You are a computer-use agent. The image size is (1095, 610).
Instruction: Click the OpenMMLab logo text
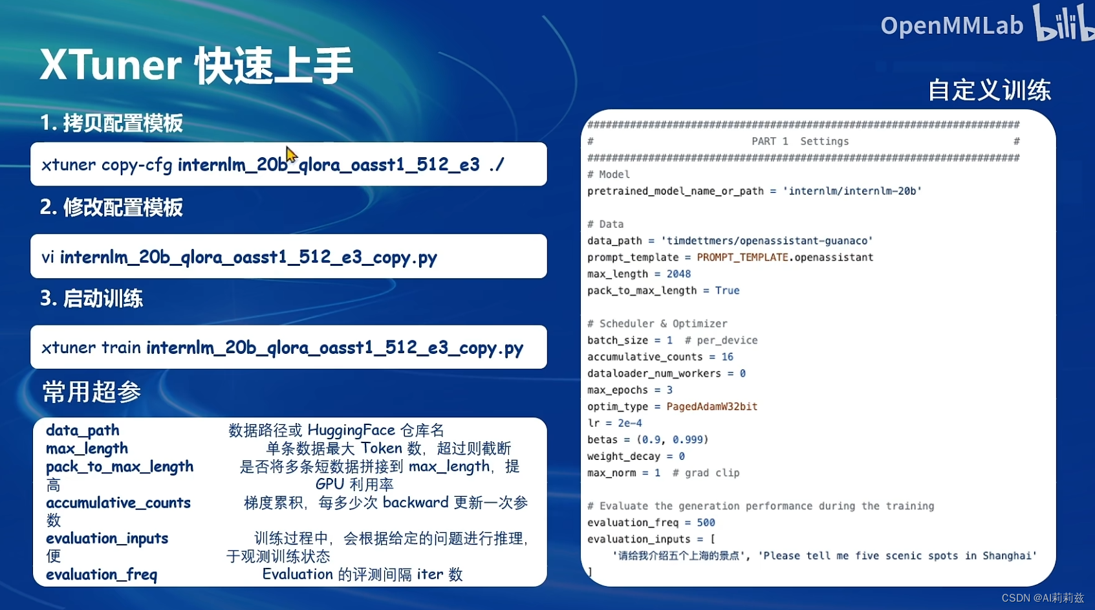pos(951,25)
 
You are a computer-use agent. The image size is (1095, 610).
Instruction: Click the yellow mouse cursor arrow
pos(291,155)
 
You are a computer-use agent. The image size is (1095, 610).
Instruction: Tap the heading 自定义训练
pos(990,90)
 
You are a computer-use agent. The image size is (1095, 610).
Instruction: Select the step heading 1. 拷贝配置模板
pos(111,123)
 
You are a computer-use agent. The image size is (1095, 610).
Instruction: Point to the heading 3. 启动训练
pos(91,298)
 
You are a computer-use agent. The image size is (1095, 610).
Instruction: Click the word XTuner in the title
pos(111,65)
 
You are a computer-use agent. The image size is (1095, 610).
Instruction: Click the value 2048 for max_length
pos(678,274)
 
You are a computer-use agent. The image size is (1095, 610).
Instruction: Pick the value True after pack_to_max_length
pos(727,290)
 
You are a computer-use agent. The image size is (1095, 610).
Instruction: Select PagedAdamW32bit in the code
pos(711,407)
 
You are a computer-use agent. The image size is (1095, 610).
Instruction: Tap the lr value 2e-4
pos(629,423)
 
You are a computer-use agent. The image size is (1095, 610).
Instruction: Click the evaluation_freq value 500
pos(706,523)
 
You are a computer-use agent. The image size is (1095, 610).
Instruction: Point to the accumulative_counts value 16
pos(728,357)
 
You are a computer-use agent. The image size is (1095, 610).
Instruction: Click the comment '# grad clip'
pos(706,473)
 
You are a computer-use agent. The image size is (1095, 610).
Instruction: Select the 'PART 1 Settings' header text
pos(800,141)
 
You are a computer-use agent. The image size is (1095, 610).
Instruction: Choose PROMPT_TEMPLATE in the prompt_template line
pos(743,257)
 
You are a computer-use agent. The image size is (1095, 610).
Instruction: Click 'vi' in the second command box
pos(47,257)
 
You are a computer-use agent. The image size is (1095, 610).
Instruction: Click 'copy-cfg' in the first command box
pos(137,165)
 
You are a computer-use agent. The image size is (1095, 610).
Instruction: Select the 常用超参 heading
pos(92,391)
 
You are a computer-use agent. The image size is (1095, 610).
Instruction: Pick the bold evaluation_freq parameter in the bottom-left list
pos(102,574)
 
